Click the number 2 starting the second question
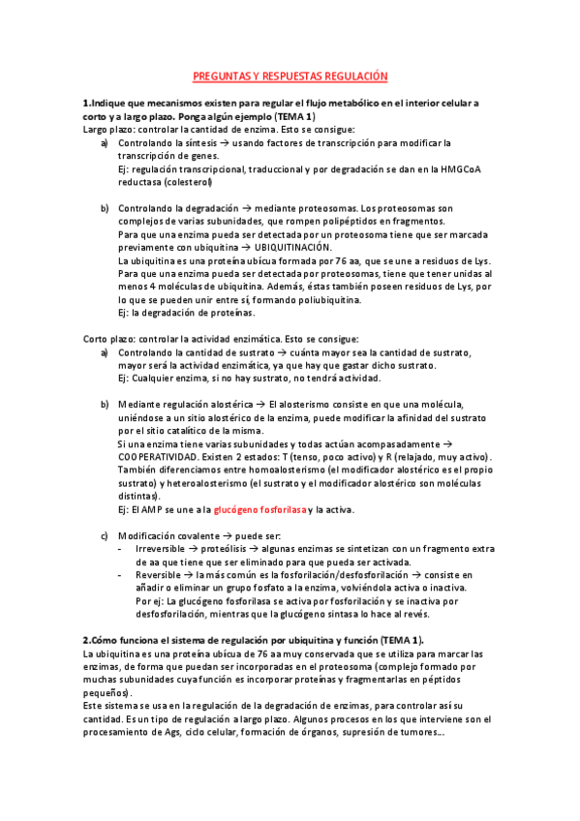coord(86,640)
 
